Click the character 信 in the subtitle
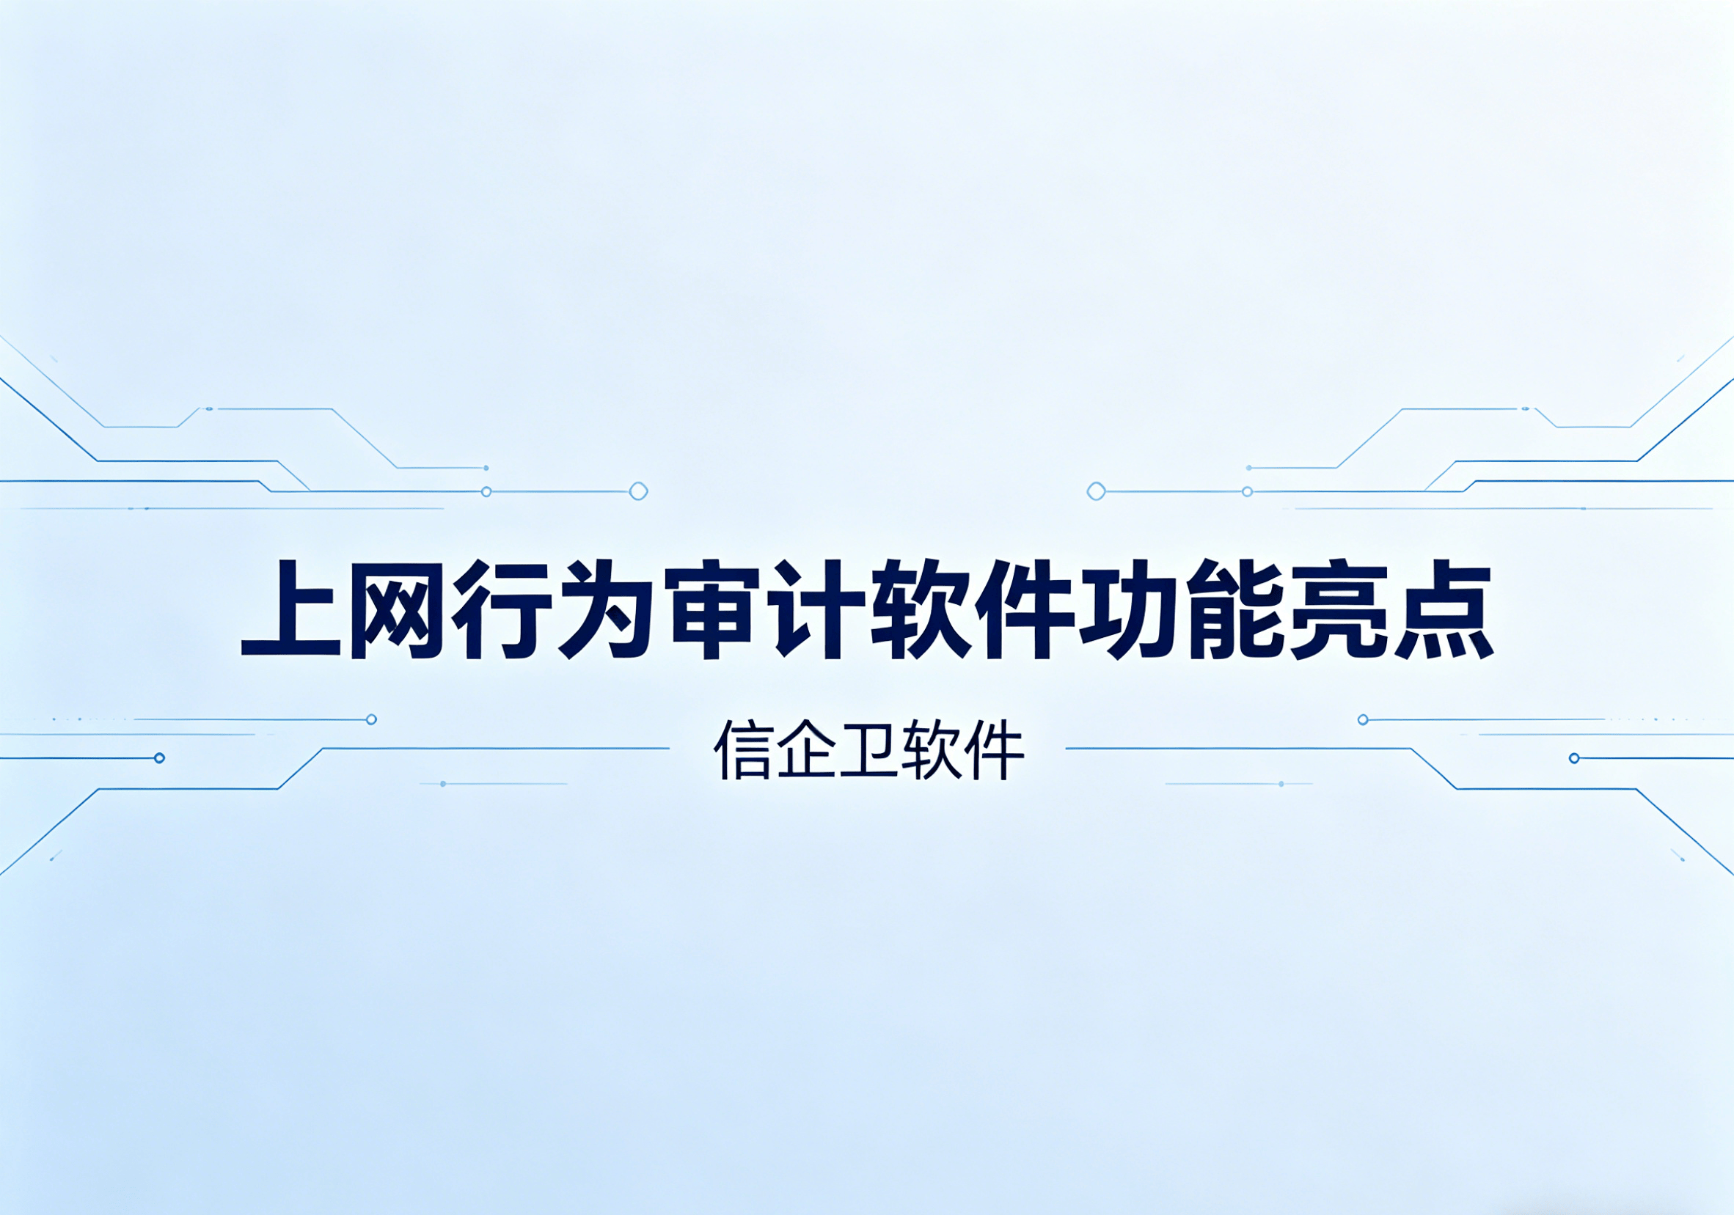point(742,749)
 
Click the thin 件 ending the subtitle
point(994,749)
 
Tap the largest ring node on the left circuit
point(638,491)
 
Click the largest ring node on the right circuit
point(1096,491)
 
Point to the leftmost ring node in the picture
point(159,758)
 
